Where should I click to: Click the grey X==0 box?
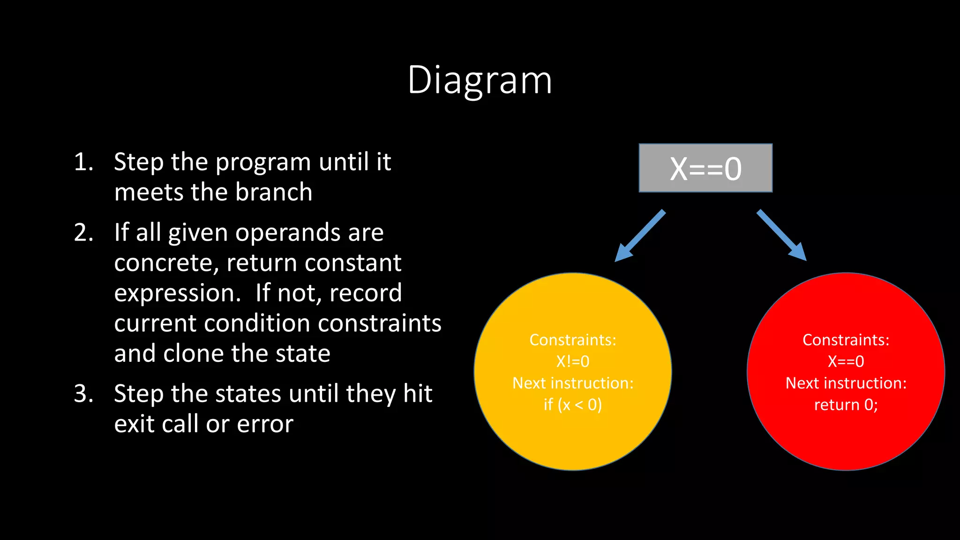pyautogui.click(x=705, y=168)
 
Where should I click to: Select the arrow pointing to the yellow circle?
pyautogui.click(x=640, y=236)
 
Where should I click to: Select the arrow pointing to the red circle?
pyautogui.click(x=781, y=235)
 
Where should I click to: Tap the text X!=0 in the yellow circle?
pyautogui.click(x=572, y=361)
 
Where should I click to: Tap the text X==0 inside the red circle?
pyautogui.click(x=846, y=361)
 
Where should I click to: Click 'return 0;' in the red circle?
pyautogui.click(x=846, y=405)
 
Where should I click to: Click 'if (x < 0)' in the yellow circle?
pyautogui.click(x=572, y=405)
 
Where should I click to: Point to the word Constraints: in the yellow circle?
pyautogui.click(x=572, y=340)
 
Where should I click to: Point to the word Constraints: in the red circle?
pyautogui.click(x=846, y=340)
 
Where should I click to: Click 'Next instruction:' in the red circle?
pyautogui.click(x=846, y=383)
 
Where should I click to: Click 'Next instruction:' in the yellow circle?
pyautogui.click(x=572, y=383)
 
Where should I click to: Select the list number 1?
pyautogui.click(x=83, y=162)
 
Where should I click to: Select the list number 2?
pyautogui.click(x=83, y=233)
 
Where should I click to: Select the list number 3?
pyautogui.click(x=83, y=394)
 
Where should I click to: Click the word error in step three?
pyautogui.click(x=265, y=424)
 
